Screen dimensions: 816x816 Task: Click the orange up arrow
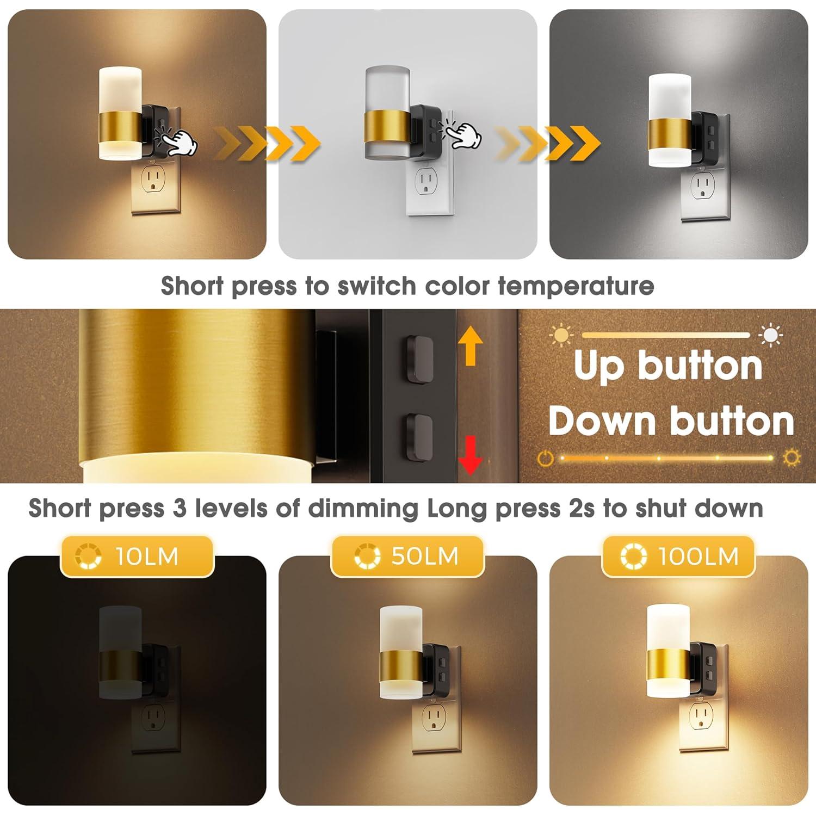click(471, 348)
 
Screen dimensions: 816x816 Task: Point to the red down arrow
click(470, 455)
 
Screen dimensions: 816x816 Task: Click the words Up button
click(668, 366)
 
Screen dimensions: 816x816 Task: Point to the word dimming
click(363, 509)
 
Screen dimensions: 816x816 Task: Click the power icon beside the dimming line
click(545, 458)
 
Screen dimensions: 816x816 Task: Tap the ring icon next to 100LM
click(633, 557)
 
